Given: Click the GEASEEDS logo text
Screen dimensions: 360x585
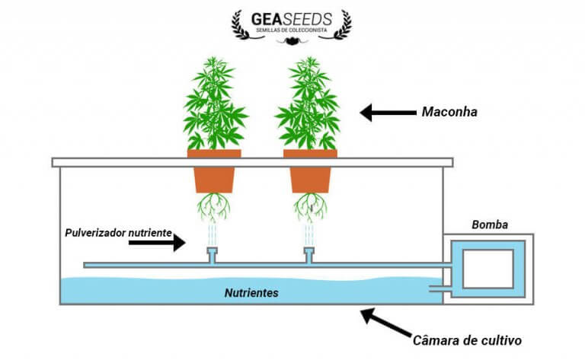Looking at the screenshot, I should tap(292, 17).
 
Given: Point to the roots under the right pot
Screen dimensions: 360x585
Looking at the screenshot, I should tap(309, 204).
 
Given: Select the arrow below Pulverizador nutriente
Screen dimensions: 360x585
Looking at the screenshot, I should tap(156, 243).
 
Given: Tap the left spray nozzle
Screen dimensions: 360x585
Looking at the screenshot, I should tap(212, 255).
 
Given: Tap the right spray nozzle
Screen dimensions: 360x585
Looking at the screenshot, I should tap(309, 255).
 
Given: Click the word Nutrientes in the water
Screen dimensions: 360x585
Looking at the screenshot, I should tap(251, 292).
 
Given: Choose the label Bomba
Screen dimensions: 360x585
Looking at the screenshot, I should tap(491, 225).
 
